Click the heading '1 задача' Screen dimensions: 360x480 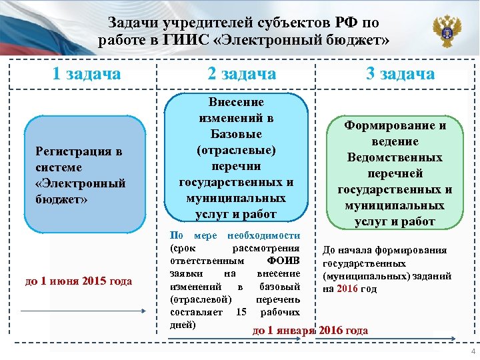87,73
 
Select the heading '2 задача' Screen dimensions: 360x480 241,73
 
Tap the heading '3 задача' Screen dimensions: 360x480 400,73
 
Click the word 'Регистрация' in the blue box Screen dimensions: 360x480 79,151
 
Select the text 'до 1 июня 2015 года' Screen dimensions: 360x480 79,281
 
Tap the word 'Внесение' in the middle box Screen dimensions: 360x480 236,102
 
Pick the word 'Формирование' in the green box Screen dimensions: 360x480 395,125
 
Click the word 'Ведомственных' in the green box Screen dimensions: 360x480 395,157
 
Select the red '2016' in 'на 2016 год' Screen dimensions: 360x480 347,289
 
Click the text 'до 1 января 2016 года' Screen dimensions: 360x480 310,330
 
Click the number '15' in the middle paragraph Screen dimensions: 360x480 241,312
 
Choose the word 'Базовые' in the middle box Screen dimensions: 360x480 236,134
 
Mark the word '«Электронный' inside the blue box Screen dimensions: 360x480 80,183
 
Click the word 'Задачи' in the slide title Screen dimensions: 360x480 131,23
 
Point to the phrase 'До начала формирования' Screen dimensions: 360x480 385,251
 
